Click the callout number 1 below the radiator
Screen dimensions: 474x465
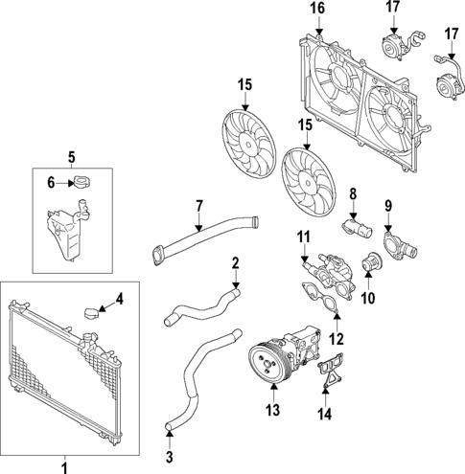coord(64,466)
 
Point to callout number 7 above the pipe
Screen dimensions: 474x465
coord(198,205)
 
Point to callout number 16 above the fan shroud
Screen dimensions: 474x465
coord(317,10)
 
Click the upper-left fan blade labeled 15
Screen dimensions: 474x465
coord(244,140)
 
